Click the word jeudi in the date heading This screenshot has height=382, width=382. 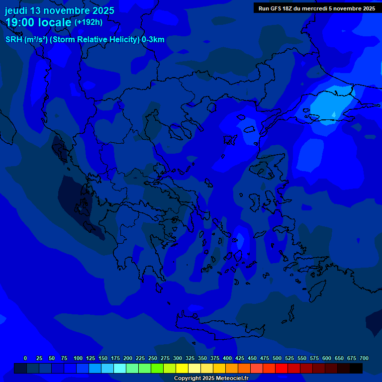point(16,10)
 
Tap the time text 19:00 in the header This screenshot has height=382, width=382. point(22,22)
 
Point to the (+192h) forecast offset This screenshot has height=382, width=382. point(88,22)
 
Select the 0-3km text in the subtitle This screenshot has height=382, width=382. point(153,40)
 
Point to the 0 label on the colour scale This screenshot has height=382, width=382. point(25,358)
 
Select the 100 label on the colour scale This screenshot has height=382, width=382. point(78,358)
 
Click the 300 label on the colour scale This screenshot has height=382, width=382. point(178,358)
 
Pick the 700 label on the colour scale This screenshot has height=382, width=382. point(364,358)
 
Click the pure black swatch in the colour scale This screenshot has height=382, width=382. point(356,368)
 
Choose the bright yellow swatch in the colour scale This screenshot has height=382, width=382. point(182,368)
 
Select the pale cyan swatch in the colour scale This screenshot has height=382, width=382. point(120,368)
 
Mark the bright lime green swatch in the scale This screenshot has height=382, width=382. point(157,368)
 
